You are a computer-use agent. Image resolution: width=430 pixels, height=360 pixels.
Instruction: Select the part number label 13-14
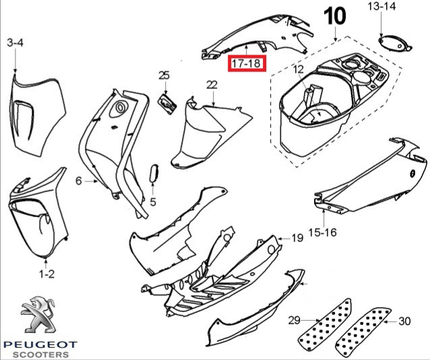(382, 7)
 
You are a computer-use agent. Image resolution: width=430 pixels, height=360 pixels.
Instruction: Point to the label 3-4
(15, 43)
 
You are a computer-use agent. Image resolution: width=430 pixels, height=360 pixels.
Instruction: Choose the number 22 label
(212, 84)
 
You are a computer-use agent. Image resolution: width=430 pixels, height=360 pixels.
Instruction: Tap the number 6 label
(78, 181)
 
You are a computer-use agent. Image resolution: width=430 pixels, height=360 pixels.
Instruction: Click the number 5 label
(153, 202)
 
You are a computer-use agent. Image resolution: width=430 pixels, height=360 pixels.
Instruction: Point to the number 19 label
(297, 239)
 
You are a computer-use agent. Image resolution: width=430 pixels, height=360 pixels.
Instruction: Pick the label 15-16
(322, 233)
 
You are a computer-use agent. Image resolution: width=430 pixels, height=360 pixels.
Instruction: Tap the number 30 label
(405, 320)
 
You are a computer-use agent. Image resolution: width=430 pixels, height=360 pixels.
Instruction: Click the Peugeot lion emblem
(39, 316)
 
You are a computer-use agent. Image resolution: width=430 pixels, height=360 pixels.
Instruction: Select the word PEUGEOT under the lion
(40, 344)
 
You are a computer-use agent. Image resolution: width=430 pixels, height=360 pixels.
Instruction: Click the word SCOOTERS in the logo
(40, 354)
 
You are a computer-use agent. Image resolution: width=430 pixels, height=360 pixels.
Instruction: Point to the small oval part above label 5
(153, 172)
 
